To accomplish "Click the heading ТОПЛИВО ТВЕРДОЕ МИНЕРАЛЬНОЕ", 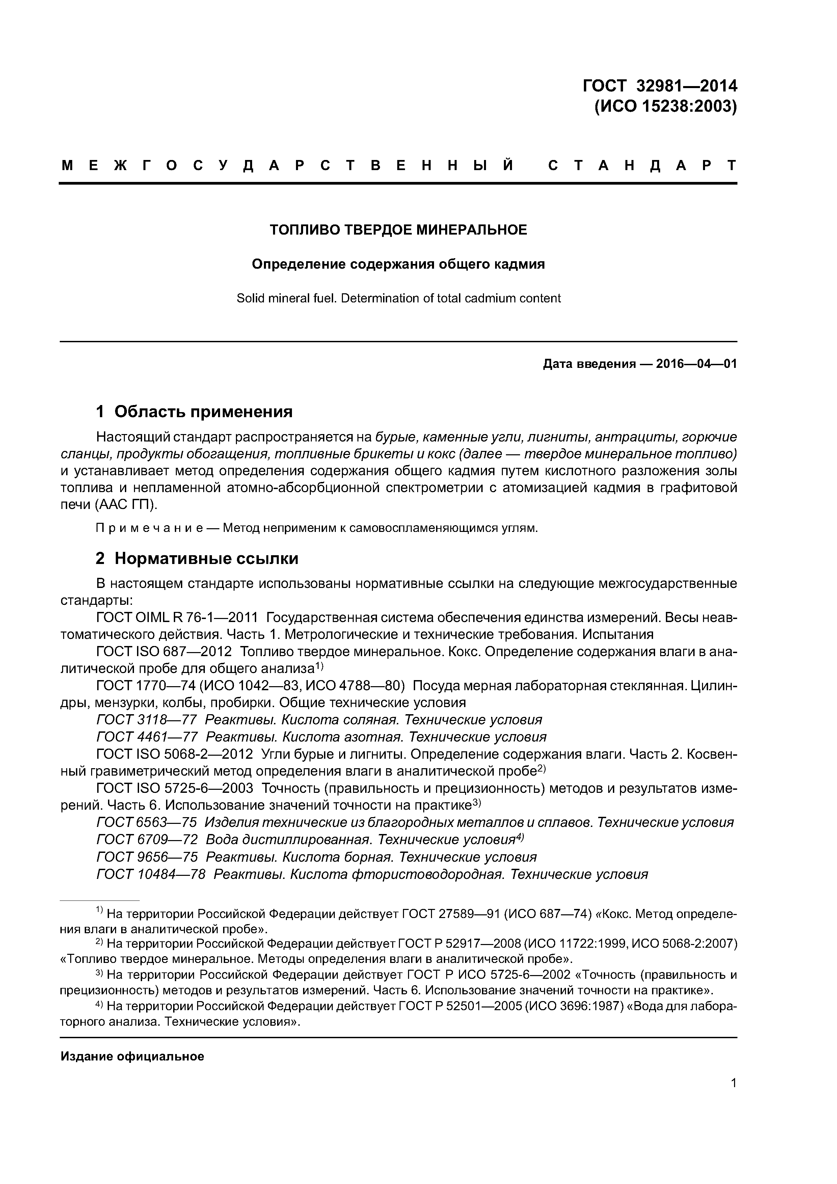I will (398, 230).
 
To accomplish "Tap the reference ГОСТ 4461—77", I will (147, 737).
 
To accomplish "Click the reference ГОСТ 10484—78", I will (151, 874).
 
